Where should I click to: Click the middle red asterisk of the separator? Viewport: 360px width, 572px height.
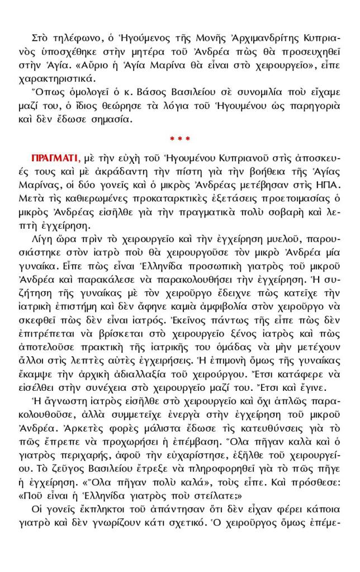pyautogui.click(x=179, y=138)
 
